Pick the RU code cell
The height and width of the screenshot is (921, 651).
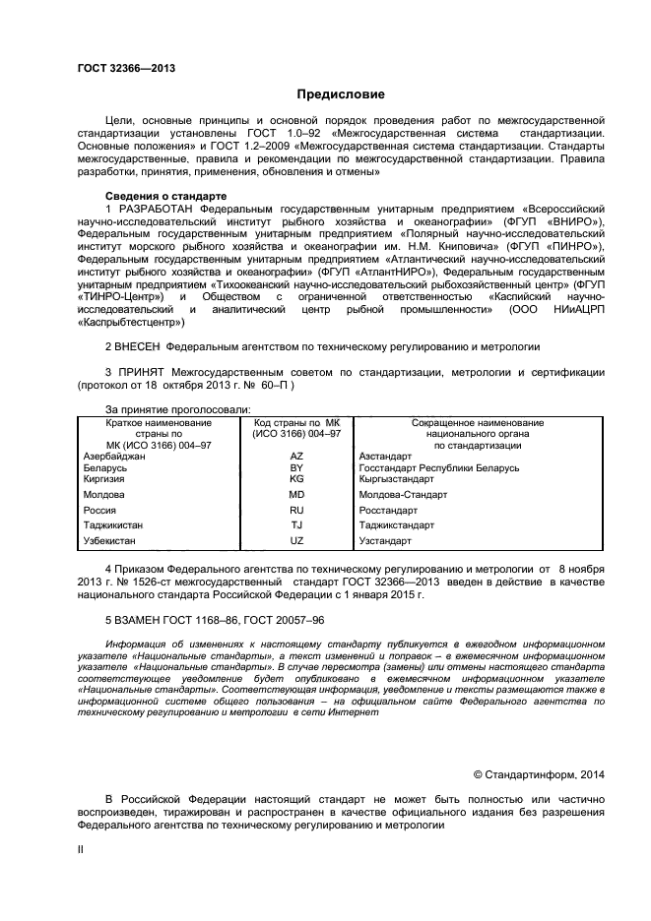click(296, 511)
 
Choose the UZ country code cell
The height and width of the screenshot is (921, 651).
click(296, 541)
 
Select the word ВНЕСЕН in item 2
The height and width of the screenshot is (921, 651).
click(137, 347)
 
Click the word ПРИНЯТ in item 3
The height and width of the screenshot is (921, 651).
click(138, 373)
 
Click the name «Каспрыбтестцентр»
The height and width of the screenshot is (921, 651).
click(130, 322)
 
